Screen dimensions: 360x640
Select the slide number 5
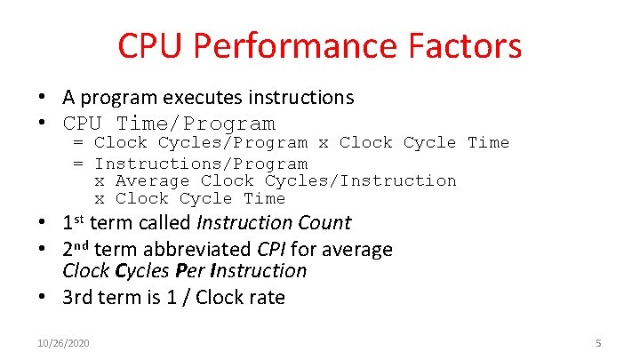tap(598, 342)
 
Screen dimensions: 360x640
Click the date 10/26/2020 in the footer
tap(63, 342)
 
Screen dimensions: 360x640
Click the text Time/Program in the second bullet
tap(196, 124)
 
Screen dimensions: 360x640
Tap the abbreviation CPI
tap(273, 250)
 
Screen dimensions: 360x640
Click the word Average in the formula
tap(153, 180)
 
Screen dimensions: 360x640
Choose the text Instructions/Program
tap(201, 164)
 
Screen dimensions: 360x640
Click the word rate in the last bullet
tap(267, 298)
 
